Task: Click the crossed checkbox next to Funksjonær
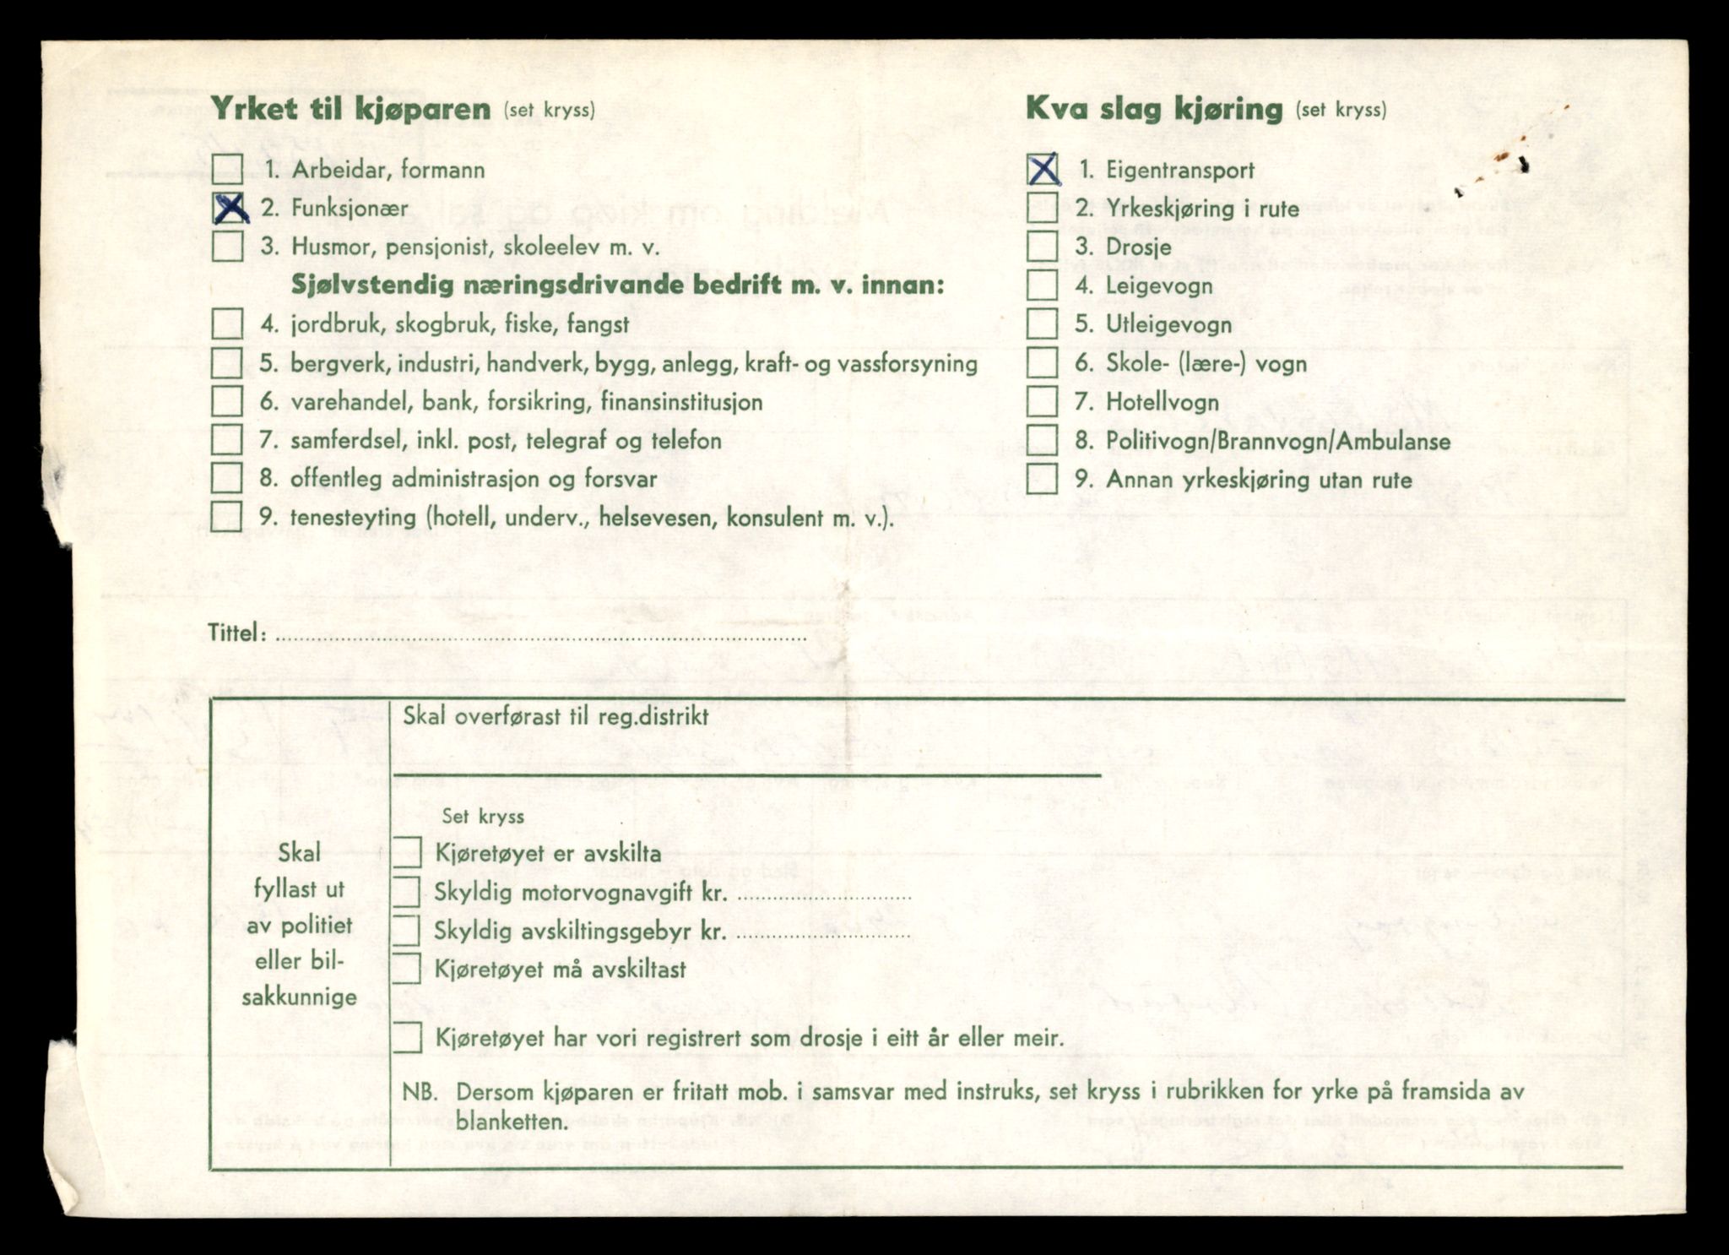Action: click(x=227, y=208)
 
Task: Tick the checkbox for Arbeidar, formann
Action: click(x=227, y=169)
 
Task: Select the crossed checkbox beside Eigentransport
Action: click(x=1043, y=169)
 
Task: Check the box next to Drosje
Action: click(x=1043, y=247)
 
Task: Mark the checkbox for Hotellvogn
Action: click(x=1043, y=402)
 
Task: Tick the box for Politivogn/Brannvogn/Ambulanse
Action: click(x=1043, y=440)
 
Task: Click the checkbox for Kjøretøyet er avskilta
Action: click(x=407, y=852)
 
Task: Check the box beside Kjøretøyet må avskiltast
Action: click(x=407, y=969)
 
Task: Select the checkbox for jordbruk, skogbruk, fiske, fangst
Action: click(x=227, y=323)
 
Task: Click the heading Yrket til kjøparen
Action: click(x=350, y=109)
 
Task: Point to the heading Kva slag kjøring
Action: click(x=1154, y=109)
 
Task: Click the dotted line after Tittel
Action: click(x=540, y=638)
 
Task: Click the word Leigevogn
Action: click(x=1159, y=285)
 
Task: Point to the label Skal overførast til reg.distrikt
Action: click(x=556, y=717)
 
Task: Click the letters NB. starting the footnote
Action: click(x=420, y=1091)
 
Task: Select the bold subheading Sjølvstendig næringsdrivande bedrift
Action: click(x=616, y=285)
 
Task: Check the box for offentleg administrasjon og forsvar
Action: click(x=227, y=478)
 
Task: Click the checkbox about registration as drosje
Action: click(x=407, y=1037)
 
